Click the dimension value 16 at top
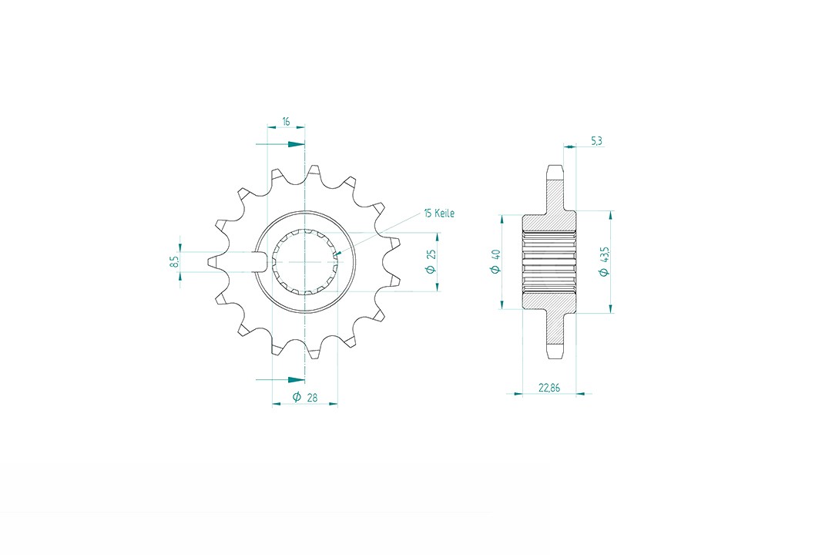[286, 122]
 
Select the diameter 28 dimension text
[306, 397]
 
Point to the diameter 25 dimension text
[431, 261]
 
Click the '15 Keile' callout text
[439, 213]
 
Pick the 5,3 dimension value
[596, 141]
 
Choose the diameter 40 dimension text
[496, 261]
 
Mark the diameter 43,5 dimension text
[604, 261]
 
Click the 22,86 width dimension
[549, 388]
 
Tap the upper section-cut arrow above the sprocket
[280, 144]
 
